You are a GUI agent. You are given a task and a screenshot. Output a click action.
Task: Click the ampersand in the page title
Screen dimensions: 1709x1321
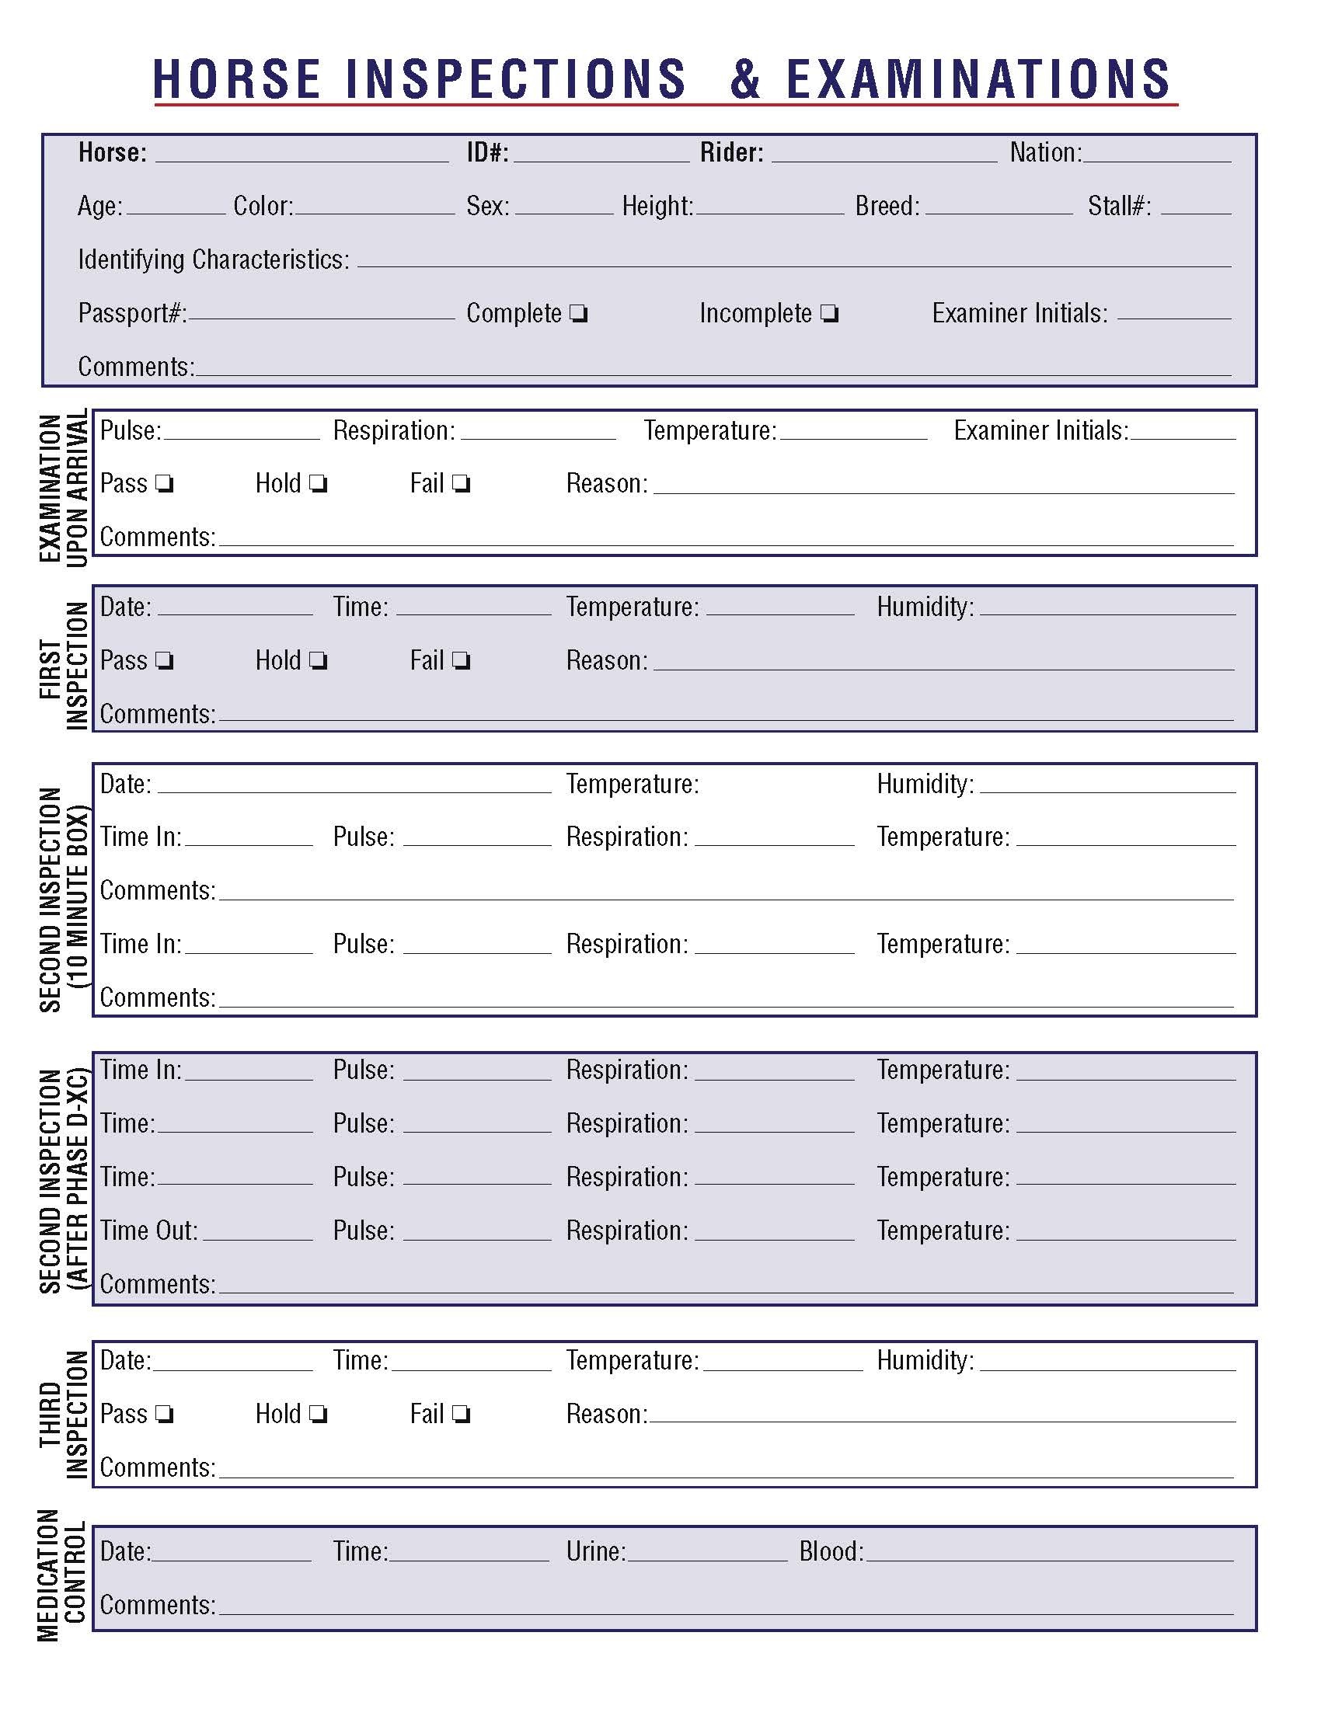pos(744,79)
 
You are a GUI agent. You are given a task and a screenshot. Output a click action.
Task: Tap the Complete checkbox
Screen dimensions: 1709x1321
pos(578,315)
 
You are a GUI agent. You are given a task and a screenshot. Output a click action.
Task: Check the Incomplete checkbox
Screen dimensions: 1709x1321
pos(830,315)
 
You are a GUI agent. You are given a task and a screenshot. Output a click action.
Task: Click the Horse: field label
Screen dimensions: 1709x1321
pos(112,152)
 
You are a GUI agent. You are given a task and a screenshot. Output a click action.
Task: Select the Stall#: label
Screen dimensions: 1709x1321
pos(1119,207)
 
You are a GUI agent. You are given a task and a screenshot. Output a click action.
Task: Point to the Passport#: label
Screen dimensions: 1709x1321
pos(132,314)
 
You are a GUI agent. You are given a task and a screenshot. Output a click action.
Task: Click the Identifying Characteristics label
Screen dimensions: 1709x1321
pos(214,259)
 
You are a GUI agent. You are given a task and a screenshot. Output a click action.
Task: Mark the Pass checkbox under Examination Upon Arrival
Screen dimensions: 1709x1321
pos(164,485)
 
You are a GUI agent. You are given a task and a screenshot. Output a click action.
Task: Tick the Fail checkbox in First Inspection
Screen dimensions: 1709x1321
pos(462,661)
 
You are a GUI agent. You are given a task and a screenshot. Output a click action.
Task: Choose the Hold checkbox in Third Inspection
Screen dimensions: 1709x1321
pos(318,1415)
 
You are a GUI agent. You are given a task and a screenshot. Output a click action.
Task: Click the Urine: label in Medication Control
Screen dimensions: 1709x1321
pos(596,1551)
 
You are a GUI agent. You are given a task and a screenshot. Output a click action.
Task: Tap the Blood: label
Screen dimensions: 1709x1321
pos(831,1551)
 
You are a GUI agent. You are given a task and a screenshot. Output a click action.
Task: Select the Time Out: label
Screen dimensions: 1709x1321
pos(148,1231)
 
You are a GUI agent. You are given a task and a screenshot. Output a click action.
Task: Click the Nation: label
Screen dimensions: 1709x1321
pos(1045,152)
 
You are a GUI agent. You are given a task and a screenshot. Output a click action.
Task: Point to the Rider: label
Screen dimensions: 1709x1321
pos(732,152)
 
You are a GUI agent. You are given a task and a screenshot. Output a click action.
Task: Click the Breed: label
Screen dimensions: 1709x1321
pos(887,207)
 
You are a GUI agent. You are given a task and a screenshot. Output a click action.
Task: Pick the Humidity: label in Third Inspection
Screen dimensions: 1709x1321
pos(925,1361)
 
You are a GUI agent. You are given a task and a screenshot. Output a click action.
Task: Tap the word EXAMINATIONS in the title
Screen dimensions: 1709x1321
pos(978,79)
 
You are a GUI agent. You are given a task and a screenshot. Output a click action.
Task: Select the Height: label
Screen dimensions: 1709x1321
pos(657,207)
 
